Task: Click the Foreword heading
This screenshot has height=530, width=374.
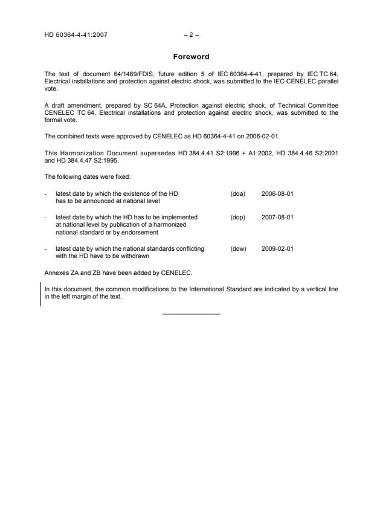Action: click(x=191, y=57)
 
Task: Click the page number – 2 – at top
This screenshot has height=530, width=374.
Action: click(x=191, y=35)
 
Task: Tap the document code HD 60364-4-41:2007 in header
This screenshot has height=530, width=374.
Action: click(x=76, y=35)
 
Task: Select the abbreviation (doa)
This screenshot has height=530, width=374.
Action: click(x=237, y=193)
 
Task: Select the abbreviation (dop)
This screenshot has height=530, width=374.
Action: click(x=237, y=216)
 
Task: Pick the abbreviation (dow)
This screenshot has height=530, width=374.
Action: click(x=238, y=248)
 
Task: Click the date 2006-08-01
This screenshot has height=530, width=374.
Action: click(x=277, y=193)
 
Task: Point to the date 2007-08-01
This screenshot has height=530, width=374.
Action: click(x=277, y=216)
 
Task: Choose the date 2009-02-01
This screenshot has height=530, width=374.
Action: click(x=277, y=248)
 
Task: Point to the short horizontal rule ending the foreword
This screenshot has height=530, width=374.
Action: click(x=191, y=313)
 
